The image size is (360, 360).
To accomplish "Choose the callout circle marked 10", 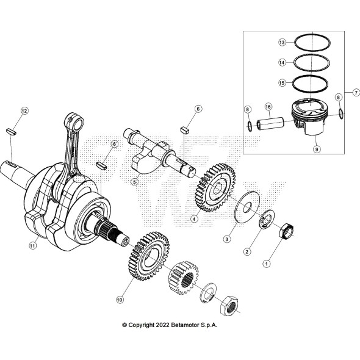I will pyautogui.click(x=120, y=300).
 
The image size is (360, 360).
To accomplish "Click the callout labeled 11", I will pyautogui.click(x=33, y=246).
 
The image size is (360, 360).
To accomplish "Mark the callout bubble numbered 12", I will pyautogui.click(x=24, y=110).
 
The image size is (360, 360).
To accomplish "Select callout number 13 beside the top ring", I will pyautogui.click(x=282, y=43).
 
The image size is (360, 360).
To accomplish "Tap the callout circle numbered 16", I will pyautogui.click(x=268, y=106).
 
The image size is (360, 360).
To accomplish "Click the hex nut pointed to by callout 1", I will pyautogui.click(x=286, y=231).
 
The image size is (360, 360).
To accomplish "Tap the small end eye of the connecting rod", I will pyautogui.click(x=74, y=117).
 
